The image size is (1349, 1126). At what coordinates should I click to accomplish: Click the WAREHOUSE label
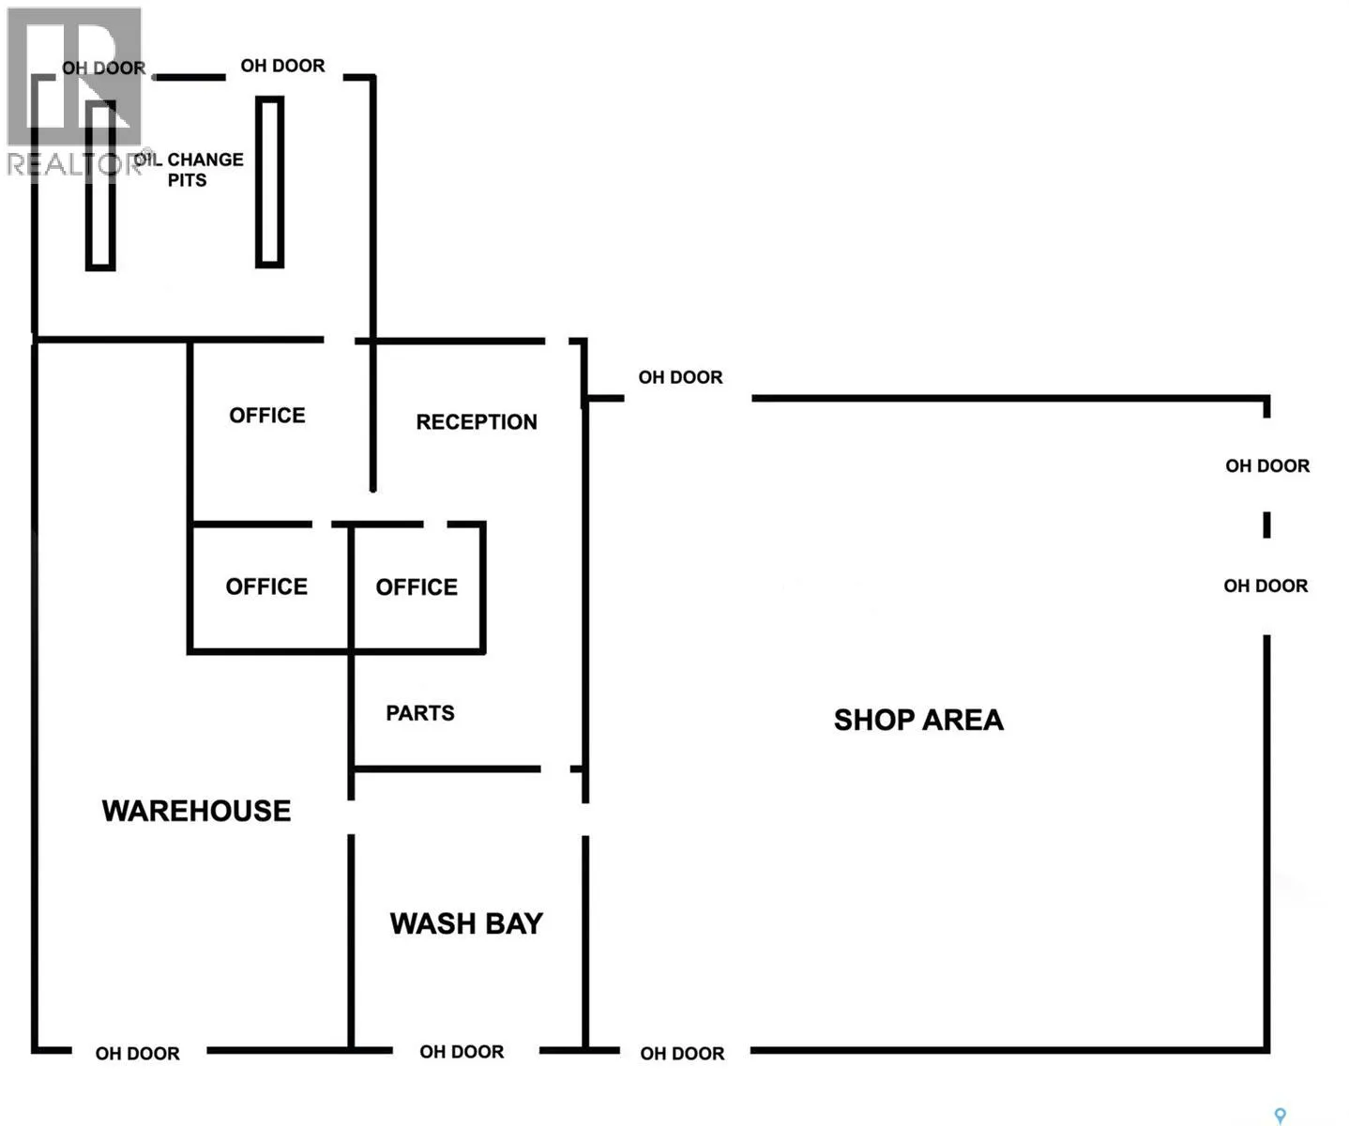coord(196,811)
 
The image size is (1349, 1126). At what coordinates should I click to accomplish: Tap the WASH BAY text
coord(466,923)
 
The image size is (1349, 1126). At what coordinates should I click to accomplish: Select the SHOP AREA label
coord(918,720)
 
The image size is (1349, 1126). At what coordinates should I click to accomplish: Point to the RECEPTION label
coord(477,421)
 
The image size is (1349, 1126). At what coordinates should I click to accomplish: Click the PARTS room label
coord(420,712)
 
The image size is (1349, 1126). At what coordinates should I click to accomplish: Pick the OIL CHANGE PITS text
coord(189,169)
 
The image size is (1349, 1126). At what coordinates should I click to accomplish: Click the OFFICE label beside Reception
coord(267,415)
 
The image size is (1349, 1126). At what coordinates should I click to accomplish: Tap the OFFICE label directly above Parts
coord(417,586)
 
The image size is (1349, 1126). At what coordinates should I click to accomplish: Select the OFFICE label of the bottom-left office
coord(266,586)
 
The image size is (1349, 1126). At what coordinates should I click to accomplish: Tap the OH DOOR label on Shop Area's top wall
coord(680,377)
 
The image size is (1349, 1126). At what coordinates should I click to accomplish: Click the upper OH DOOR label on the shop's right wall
coord(1267,465)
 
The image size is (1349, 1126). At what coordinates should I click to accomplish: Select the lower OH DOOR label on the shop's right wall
coord(1266,586)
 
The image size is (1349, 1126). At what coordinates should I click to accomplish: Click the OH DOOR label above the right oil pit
coord(283,66)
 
